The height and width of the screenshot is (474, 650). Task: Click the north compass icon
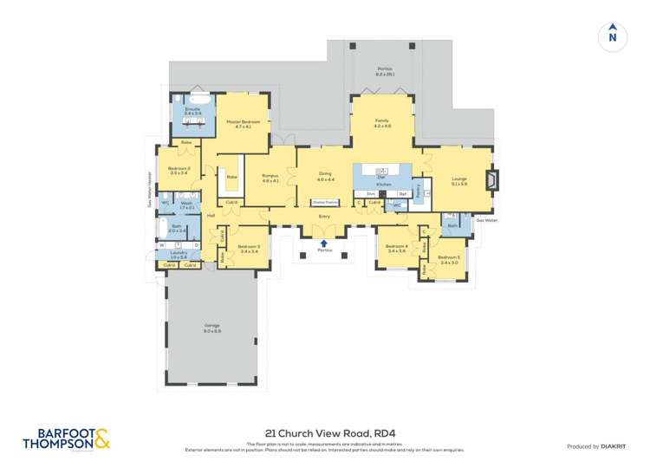point(612,36)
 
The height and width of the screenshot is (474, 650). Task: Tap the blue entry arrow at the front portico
point(324,243)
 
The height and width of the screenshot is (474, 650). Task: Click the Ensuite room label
point(192,108)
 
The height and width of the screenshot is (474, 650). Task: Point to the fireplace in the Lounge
point(491,180)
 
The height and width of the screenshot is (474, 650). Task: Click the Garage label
point(211,326)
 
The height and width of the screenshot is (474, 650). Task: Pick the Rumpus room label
point(270,176)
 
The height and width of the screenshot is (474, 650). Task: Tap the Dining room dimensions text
point(325,180)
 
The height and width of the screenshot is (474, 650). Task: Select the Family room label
point(382,121)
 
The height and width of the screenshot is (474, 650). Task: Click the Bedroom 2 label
point(179,168)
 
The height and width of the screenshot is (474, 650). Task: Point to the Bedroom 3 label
point(249,246)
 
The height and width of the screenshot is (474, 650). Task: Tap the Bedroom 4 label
point(397,246)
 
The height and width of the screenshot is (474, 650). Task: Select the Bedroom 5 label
point(448,257)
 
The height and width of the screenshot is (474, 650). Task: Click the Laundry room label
point(179,253)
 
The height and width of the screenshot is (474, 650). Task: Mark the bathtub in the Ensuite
point(192,98)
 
